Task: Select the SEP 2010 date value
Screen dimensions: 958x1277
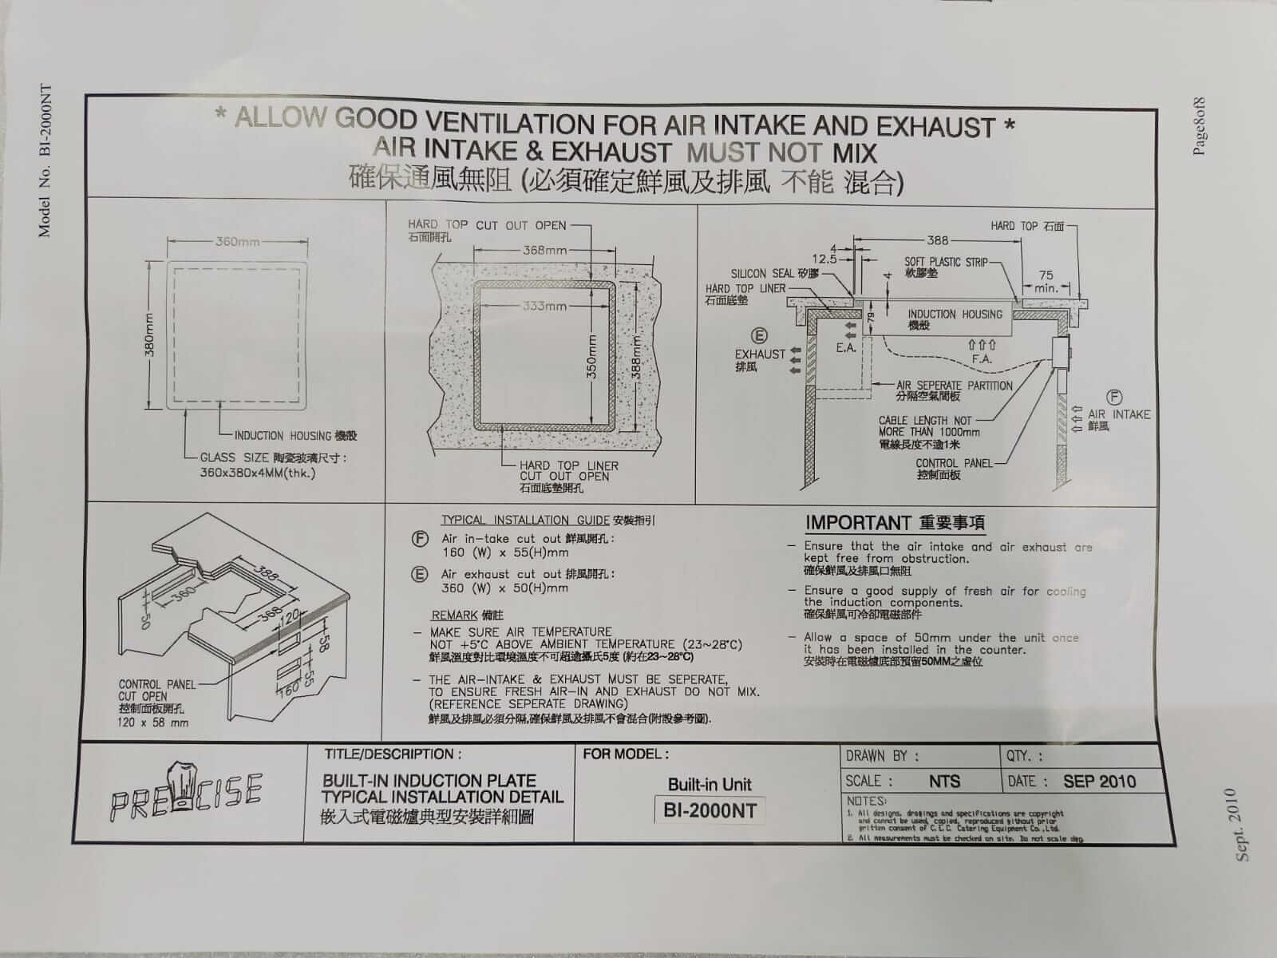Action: point(1099,781)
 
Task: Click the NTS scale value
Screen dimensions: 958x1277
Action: point(944,782)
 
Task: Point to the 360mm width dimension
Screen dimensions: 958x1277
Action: point(237,242)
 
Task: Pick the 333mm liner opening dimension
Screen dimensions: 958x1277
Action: point(545,306)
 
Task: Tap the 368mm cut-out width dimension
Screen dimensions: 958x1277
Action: point(544,250)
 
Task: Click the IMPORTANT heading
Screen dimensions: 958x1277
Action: point(857,523)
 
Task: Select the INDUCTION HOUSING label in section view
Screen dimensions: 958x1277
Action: point(955,315)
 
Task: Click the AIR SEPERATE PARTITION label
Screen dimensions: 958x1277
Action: point(955,385)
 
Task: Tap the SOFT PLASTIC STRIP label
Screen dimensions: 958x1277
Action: point(946,261)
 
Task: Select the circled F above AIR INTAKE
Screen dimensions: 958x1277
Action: point(1114,397)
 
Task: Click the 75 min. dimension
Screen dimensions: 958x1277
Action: point(1045,281)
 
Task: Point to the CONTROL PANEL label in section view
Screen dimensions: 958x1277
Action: point(954,463)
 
